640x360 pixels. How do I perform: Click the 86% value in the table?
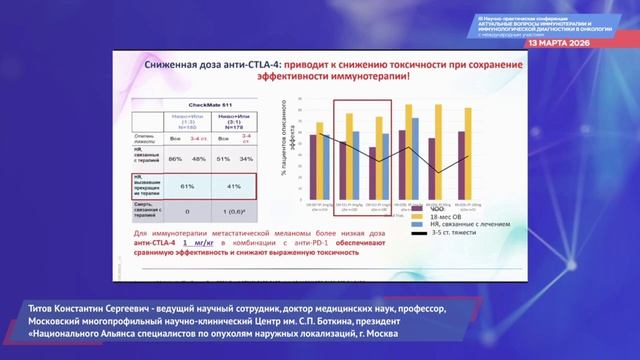(x=176, y=158)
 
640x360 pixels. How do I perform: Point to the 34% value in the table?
(x=247, y=158)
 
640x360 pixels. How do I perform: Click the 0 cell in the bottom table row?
(x=186, y=211)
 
